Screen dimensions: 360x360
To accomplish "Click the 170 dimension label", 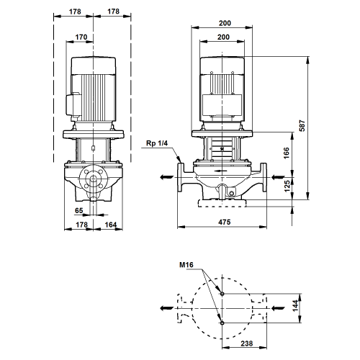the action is (x=81, y=37).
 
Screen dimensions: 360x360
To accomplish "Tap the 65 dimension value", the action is (x=79, y=210).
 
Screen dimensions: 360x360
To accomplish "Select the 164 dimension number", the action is (x=111, y=225).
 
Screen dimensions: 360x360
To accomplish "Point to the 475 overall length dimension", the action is (x=225, y=222).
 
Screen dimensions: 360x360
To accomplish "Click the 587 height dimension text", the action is (x=302, y=125).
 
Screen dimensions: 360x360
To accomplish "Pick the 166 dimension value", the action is (x=287, y=153).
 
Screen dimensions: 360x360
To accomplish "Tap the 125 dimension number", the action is (x=287, y=186).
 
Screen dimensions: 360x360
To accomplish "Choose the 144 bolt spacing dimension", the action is (x=295, y=305).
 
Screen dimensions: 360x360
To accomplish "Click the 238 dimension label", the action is (x=247, y=343).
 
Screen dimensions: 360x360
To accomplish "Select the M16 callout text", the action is (x=186, y=265).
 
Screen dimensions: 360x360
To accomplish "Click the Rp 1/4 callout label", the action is (x=157, y=143).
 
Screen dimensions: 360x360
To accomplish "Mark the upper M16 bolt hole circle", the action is (x=222, y=294).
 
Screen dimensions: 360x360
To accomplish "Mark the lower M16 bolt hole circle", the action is (x=222, y=323).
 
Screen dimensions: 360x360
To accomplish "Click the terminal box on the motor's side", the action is (x=73, y=105).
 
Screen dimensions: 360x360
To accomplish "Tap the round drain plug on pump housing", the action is (x=231, y=193).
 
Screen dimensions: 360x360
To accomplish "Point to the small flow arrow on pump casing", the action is (x=220, y=171).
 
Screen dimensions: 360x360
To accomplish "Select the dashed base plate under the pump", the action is (x=222, y=203).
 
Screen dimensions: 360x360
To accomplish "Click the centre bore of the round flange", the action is (x=93, y=179).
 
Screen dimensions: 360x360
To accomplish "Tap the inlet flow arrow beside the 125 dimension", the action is (x=278, y=177).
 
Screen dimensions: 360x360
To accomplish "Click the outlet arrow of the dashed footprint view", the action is (x=166, y=308).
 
